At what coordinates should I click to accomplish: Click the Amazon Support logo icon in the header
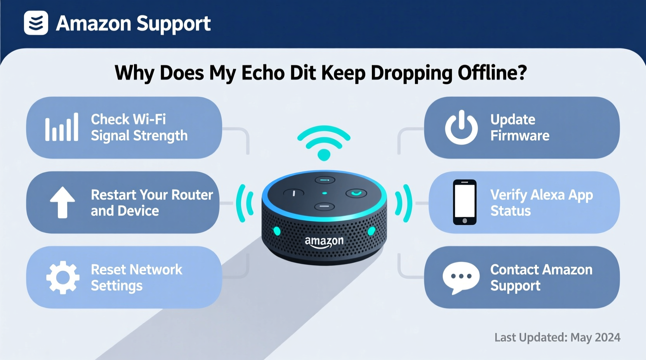36,23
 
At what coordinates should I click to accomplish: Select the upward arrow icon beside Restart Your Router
62,202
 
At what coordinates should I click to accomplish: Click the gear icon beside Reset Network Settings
63,277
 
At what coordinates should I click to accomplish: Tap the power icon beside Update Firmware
461,127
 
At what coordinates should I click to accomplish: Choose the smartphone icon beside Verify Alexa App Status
465,202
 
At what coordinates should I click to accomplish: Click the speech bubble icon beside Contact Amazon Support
461,277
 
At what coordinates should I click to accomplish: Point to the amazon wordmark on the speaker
324,242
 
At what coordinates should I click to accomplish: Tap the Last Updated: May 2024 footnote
557,337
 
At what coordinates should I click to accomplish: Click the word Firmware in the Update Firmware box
520,136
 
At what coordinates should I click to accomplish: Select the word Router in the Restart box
192,195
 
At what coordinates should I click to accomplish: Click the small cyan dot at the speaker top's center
325,193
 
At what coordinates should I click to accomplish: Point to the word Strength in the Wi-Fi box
160,136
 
